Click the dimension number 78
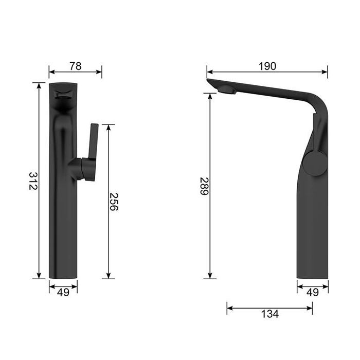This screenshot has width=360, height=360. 76,66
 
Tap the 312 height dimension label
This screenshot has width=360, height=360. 33,181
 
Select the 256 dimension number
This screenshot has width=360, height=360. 114,202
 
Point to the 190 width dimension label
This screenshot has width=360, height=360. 267,66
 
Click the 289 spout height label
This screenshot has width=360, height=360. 204,186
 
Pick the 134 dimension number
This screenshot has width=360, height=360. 270,314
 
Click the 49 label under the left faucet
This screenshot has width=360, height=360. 63,293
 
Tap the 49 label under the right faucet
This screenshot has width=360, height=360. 313,293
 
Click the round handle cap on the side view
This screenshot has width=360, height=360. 315,164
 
